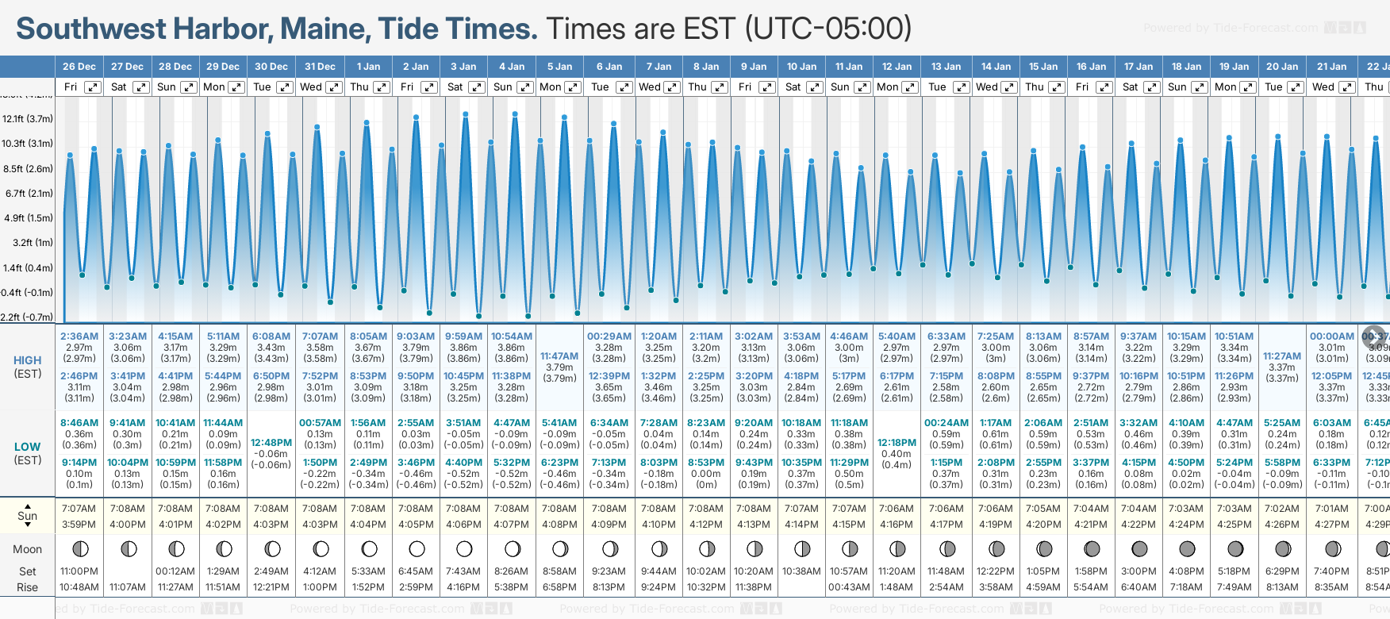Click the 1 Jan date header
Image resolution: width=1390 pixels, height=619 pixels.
(368, 67)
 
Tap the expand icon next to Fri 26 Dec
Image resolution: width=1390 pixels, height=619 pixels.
(93, 87)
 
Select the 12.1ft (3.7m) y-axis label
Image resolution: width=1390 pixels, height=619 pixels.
(28, 119)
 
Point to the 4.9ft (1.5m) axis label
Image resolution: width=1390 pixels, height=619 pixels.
(28, 218)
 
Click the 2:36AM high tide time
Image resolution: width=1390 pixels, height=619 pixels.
(79, 336)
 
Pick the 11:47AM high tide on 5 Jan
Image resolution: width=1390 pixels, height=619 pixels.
(559, 356)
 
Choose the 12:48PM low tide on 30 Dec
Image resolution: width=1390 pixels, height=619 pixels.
(271, 443)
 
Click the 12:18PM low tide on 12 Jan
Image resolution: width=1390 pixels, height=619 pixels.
(897, 443)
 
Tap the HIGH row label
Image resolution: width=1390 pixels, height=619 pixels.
(28, 360)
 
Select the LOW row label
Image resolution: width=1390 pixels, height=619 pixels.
(28, 447)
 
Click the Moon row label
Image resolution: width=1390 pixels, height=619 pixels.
(28, 549)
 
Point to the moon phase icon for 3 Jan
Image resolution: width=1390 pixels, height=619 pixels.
(464, 548)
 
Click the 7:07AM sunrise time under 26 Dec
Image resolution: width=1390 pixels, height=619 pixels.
(79, 509)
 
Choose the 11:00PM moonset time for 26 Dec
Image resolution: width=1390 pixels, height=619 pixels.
(79, 571)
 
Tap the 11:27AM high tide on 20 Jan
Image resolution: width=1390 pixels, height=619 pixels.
(1282, 356)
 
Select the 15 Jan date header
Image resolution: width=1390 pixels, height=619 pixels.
(1044, 67)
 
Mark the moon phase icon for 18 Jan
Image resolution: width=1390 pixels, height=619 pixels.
(1187, 548)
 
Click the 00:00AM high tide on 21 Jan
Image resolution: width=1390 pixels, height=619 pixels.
(1332, 336)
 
